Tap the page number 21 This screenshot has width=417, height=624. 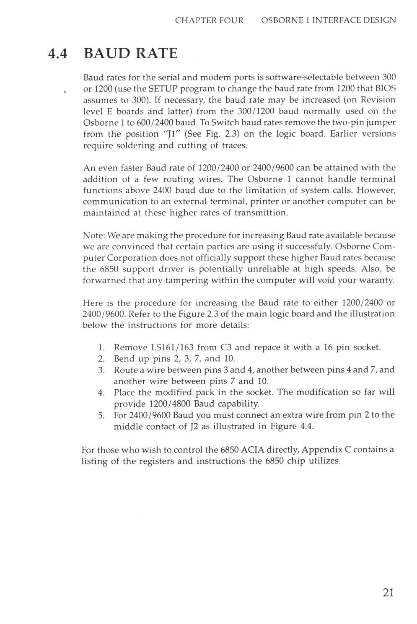coord(388,592)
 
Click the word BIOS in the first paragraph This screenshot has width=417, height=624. coord(386,89)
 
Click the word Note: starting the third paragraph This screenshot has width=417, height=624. coord(94,235)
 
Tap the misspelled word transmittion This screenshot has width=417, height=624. coord(261,213)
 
